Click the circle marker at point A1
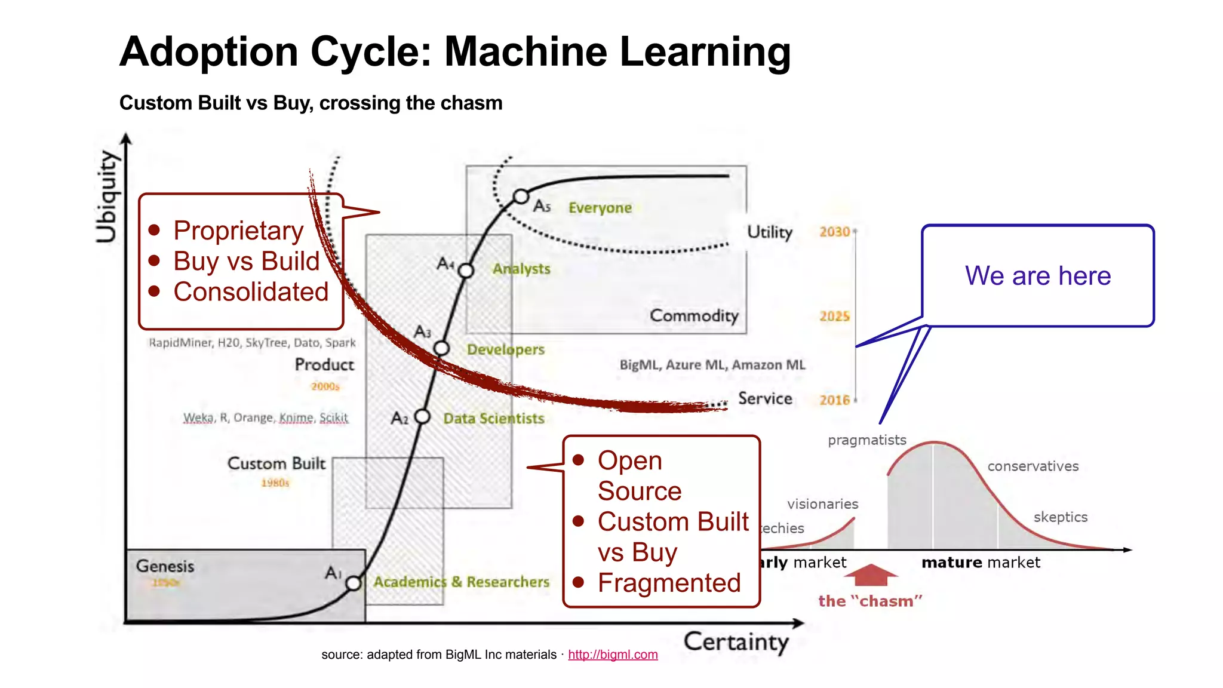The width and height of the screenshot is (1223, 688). [354, 583]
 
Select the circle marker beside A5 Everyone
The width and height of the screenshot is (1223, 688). [521, 196]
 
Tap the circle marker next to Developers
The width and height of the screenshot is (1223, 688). [441, 348]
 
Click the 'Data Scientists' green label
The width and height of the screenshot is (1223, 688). [493, 419]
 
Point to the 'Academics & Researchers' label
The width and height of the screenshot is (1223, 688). [461, 582]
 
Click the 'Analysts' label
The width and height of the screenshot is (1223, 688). [521, 269]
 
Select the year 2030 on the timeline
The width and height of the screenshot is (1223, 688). [834, 232]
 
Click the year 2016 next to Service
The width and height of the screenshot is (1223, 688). [834, 400]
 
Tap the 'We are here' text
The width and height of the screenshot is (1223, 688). [1037, 276]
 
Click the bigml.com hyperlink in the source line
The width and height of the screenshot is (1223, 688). [613, 655]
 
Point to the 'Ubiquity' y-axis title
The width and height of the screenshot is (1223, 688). [108, 196]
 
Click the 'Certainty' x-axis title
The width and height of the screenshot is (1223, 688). [736, 642]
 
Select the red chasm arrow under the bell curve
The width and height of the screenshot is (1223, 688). [871, 575]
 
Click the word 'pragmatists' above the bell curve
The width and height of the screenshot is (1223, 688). [866, 440]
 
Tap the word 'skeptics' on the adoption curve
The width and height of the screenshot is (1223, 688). [1060, 517]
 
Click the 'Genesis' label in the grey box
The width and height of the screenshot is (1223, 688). [165, 566]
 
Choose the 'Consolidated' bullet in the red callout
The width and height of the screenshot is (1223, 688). [251, 292]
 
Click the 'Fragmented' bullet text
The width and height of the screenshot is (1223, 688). [669, 583]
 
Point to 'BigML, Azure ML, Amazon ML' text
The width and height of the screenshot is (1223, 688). [712, 365]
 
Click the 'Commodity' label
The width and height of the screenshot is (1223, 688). [694, 315]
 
